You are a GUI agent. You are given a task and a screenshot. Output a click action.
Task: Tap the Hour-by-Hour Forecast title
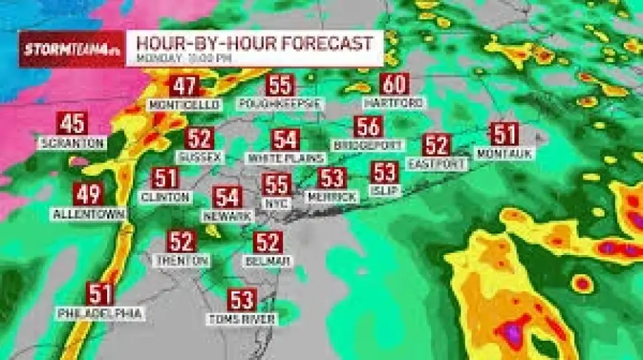click(254, 43)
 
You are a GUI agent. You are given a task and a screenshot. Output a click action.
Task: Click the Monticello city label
click(184, 105)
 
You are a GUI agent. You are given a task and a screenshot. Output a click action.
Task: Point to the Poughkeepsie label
click(280, 103)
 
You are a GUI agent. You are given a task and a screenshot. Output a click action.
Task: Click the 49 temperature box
click(87, 195)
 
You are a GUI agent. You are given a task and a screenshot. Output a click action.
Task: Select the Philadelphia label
click(100, 313)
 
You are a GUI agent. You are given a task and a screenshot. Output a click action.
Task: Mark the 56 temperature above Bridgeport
click(368, 127)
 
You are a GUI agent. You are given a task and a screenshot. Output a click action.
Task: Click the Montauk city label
click(504, 153)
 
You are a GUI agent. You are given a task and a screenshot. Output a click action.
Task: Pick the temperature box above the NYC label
click(277, 184)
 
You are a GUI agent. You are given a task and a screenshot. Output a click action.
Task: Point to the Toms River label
click(242, 319)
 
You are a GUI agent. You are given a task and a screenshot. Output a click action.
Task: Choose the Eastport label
click(437, 163)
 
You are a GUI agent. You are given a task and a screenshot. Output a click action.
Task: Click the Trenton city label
click(181, 260)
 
